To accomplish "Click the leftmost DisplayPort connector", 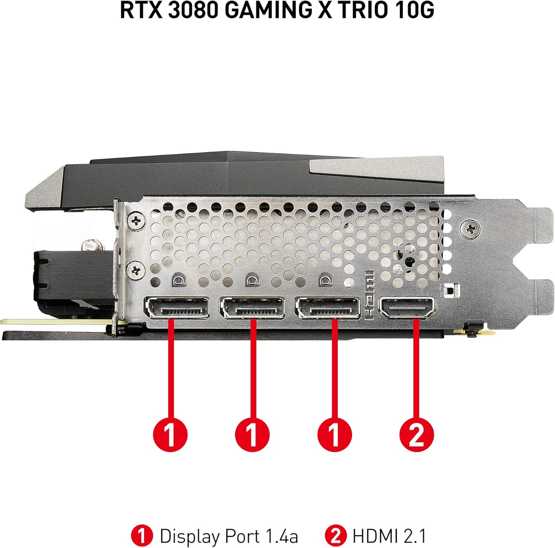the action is (x=177, y=307).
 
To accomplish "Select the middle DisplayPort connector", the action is (x=252, y=307).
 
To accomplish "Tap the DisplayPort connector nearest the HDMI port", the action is (x=328, y=307).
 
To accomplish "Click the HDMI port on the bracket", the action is (x=407, y=307).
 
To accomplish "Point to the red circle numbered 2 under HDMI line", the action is (x=417, y=434).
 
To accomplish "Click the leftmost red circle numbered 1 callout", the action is (x=170, y=434).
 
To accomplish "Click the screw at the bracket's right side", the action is (x=471, y=229).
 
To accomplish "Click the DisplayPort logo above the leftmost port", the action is (x=179, y=280).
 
